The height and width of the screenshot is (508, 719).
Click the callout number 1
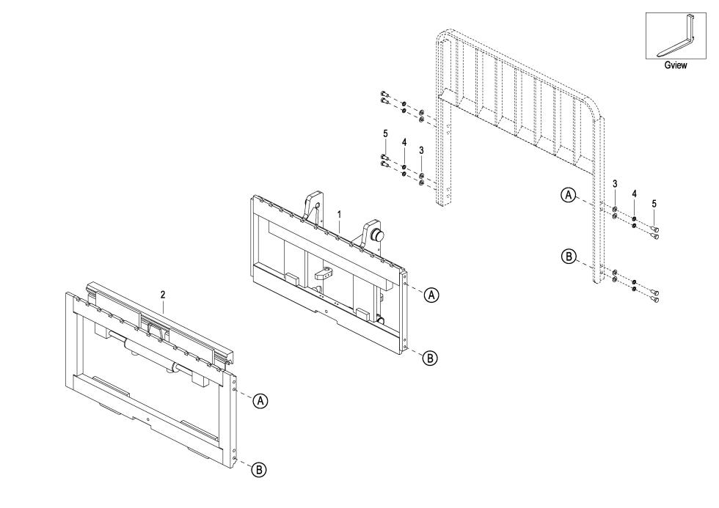(339, 214)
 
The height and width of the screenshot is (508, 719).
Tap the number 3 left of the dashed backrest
(421, 150)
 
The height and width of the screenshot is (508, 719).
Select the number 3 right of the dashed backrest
(614, 183)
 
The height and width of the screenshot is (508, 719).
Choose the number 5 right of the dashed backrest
(653, 203)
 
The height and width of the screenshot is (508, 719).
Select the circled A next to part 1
(431, 294)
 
